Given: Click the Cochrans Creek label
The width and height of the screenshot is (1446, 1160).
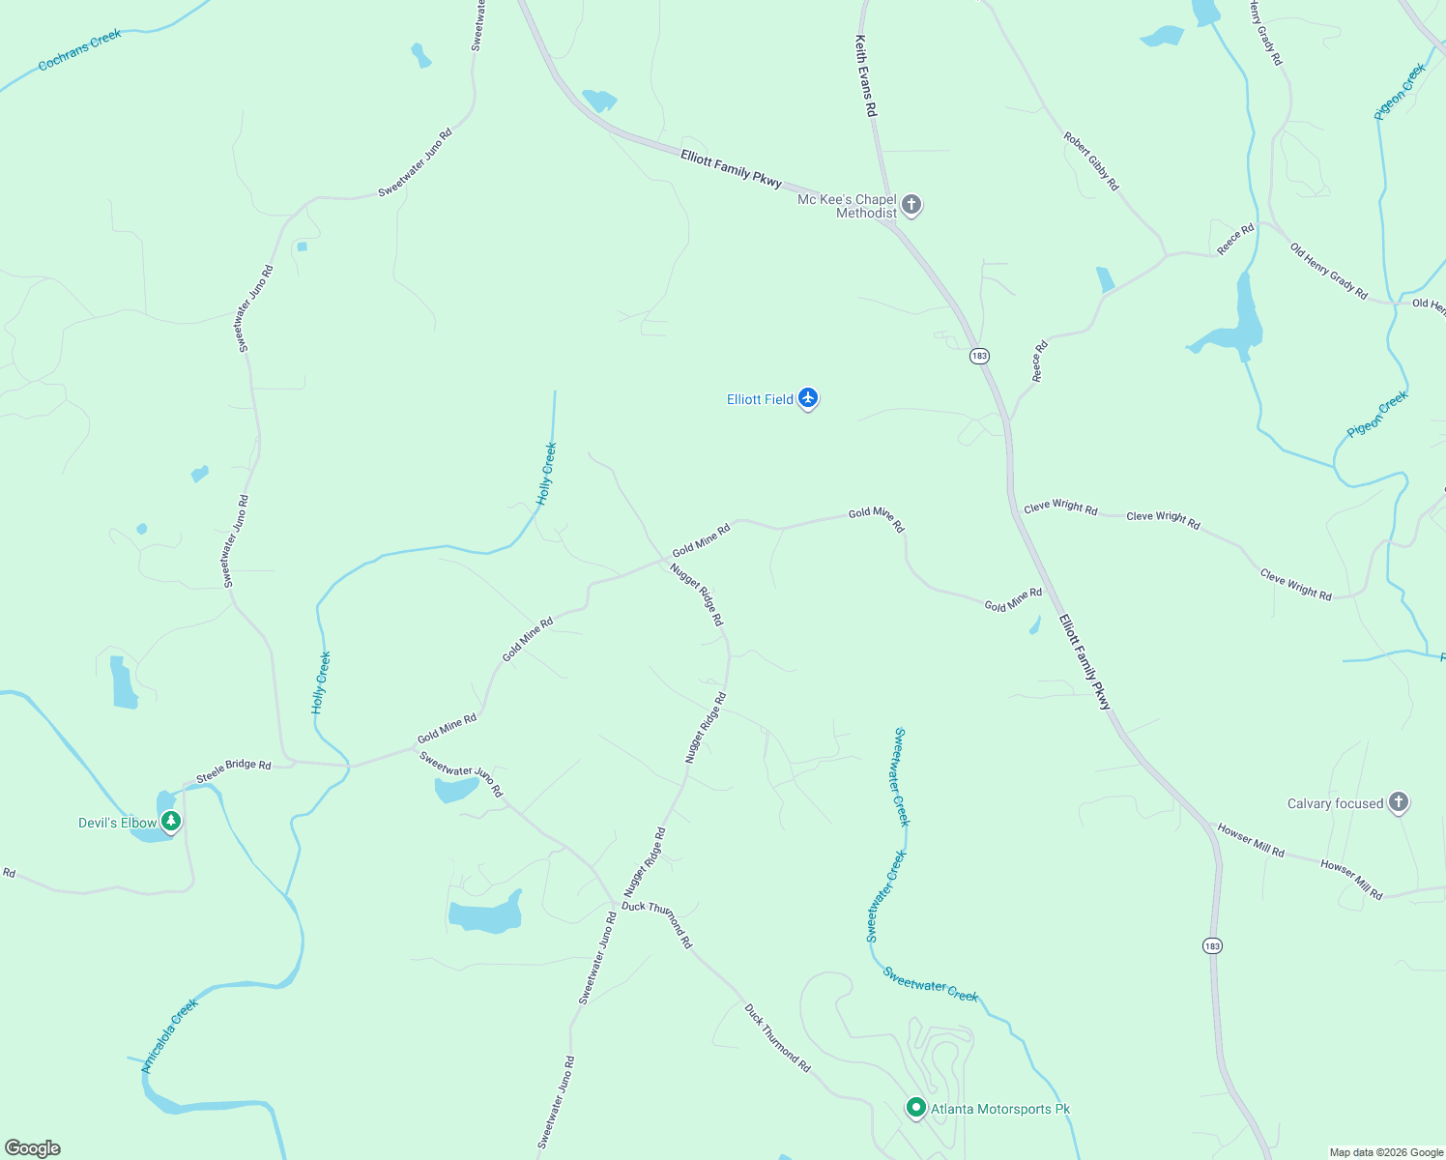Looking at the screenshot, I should pos(80,50).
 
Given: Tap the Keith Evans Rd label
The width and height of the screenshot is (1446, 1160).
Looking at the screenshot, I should pos(866,76).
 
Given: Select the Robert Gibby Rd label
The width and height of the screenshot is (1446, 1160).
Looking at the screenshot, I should pos(1091,161).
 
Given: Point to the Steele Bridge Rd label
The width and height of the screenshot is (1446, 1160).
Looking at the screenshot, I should pos(234,769).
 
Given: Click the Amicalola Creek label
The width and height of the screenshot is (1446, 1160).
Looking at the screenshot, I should pos(170,1035).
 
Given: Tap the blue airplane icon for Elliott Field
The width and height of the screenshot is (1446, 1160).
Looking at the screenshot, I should pos(808,398).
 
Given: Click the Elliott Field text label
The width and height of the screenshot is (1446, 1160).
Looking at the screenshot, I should pos(760,399).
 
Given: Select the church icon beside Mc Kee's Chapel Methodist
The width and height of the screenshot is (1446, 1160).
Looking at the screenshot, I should pos(911,204).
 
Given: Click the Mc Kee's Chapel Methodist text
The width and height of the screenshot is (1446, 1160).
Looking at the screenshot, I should pos(848,206).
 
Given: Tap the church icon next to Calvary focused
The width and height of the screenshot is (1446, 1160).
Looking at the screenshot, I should pos(1398,802).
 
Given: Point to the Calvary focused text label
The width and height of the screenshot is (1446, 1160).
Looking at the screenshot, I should pos(1335,803).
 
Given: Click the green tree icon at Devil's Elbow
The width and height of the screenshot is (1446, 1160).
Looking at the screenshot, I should pos(171,822).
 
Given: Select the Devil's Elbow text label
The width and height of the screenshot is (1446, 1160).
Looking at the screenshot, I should pos(117,823).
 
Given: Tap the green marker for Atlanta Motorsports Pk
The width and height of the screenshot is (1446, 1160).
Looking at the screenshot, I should pos(915,1108).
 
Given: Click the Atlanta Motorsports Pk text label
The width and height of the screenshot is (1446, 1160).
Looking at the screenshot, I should pos(1000,1109).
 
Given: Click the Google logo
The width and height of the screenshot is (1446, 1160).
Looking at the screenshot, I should pos(33,1147).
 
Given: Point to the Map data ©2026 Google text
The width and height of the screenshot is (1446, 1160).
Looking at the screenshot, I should pos(1386,1152).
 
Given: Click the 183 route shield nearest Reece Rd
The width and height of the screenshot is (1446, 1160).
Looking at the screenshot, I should pos(979,356).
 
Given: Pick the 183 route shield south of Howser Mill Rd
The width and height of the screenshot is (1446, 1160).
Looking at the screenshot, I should pos(1212,945).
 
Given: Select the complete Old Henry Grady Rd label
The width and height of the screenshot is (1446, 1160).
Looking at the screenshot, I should pos(1329,271).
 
